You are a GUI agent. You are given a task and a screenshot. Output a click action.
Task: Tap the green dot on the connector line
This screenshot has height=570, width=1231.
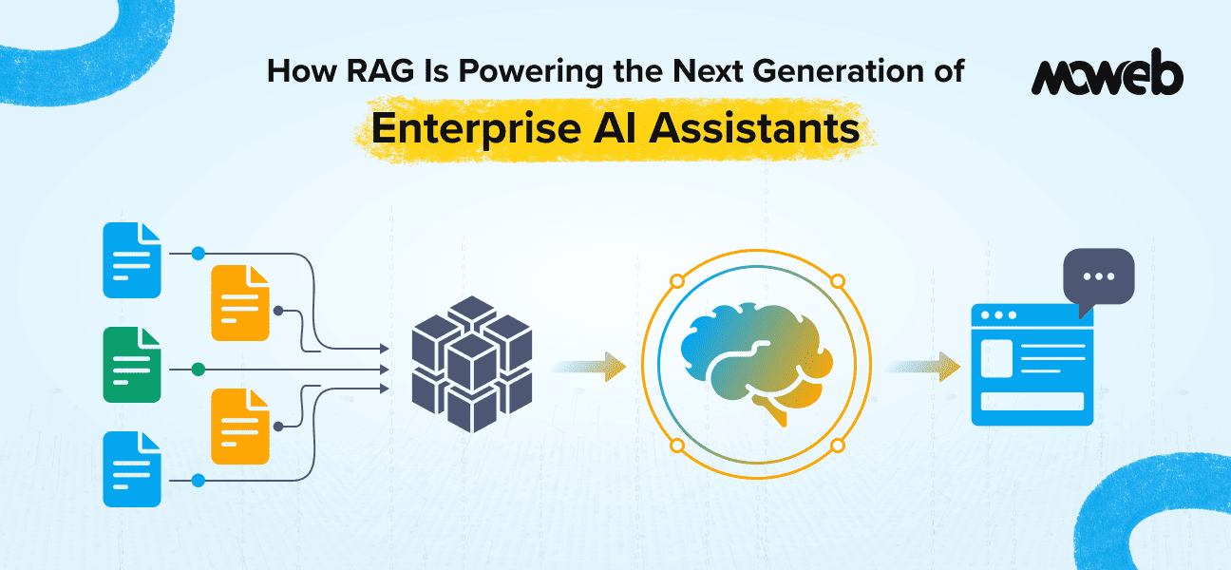[198, 369]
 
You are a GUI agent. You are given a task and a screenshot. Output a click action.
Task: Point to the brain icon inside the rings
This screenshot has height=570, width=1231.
[757, 364]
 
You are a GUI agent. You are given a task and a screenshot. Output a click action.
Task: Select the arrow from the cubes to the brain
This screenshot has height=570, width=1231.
[589, 365]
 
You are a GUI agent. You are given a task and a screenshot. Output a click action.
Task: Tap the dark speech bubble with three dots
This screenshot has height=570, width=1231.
[1099, 275]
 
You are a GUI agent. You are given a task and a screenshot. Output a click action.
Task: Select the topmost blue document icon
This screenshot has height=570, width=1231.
[132, 259]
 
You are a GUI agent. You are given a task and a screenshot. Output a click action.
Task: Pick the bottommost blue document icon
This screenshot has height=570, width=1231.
[132, 469]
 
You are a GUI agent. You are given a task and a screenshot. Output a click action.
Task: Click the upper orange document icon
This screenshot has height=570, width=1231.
[240, 302]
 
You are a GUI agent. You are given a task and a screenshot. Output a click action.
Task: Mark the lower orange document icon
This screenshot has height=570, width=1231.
[240, 426]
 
